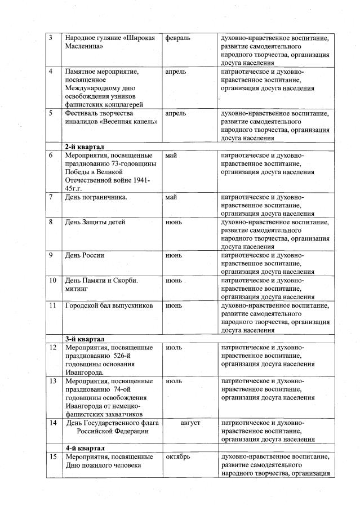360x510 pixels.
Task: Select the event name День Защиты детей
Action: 95,222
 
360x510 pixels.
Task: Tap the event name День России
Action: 85,255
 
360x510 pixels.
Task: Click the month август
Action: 190,423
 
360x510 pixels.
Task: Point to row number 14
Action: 52,423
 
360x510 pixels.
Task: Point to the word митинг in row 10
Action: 78,289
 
